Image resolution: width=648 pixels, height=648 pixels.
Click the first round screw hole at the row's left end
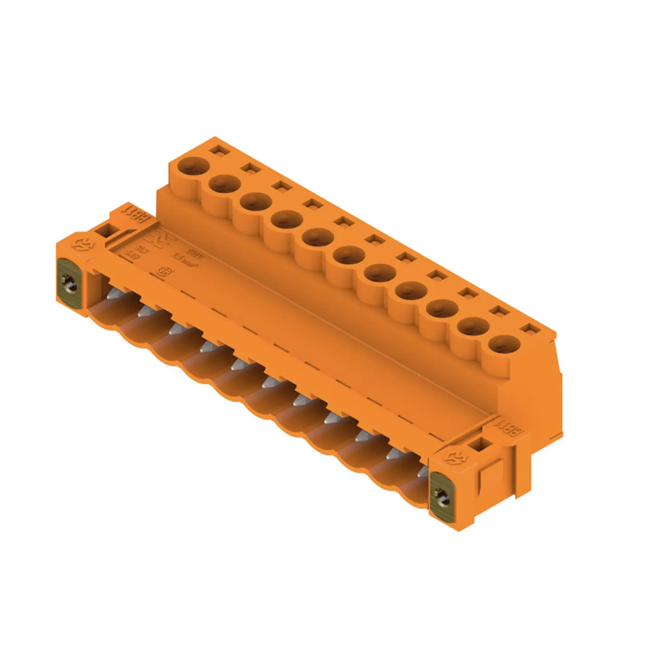[193, 165]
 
